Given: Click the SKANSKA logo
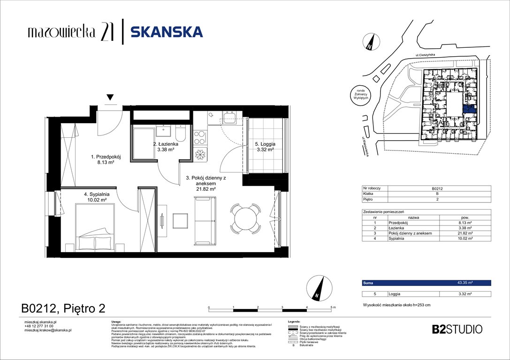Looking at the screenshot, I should (x=166, y=31).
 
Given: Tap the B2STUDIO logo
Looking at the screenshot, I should (x=457, y=329).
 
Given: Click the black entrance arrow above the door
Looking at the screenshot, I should (x=110, y=97).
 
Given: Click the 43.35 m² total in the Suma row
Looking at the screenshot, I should (x=464, y=283).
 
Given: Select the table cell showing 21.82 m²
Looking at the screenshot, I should (x=464, y=233).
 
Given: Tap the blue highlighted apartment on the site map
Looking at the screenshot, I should (x=469, y=109).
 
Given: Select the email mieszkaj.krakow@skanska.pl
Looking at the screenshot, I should (x=47, y=330).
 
